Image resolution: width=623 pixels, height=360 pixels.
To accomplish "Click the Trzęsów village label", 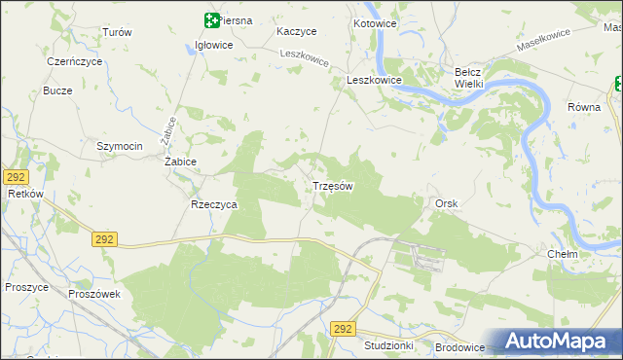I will click(332, 185).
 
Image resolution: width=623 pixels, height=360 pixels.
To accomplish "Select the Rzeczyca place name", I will click(214, 205).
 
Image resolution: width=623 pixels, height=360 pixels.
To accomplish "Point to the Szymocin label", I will click(120, 146).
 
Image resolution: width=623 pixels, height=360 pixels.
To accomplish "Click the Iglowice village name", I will click(214, 45).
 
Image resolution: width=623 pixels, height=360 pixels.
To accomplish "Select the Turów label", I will click(117, 32).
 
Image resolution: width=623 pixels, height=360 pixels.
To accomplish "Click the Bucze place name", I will click(58, 90).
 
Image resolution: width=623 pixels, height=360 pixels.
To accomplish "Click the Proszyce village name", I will click(27, 287).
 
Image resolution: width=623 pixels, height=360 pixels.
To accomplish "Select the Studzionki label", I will click(388, 345).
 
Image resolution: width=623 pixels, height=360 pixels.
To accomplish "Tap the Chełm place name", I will click(563, 254).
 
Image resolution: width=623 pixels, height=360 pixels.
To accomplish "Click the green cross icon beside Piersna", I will click(211, 19).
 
